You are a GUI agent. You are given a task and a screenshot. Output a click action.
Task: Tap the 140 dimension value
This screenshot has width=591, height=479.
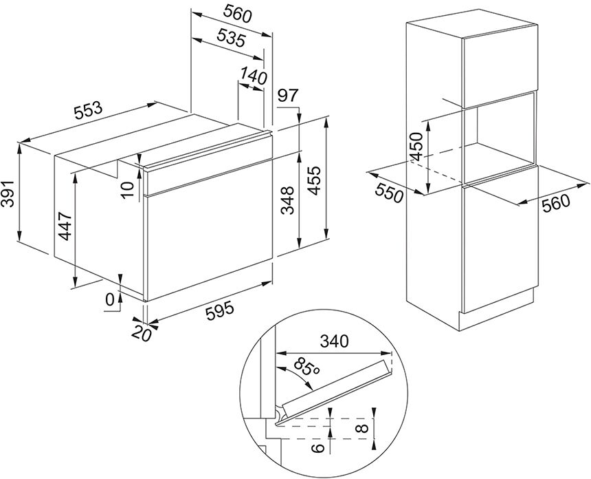(x=254, y=75)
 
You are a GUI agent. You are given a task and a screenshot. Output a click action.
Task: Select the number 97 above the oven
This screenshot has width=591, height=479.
(x=287, y=95)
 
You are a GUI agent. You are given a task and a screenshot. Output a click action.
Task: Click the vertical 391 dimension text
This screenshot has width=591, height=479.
(x=8, y=193)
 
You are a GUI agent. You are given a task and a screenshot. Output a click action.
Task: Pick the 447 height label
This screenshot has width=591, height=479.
(x=65, y=226)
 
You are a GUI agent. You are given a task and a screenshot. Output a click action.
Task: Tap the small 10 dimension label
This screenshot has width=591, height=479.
(x=127, y=189)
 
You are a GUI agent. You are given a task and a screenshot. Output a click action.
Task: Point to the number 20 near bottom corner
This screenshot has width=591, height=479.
(x=141, y=333)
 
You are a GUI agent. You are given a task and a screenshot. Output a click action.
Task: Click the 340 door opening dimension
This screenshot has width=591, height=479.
(x=334, y=341)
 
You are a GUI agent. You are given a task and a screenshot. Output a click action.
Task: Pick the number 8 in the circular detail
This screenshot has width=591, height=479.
(x=364, y=429)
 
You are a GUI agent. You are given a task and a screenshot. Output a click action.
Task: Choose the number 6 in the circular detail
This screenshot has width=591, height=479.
(x=319, y=447)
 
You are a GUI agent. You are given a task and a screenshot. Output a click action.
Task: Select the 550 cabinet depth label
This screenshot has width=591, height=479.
(x=390, y=194)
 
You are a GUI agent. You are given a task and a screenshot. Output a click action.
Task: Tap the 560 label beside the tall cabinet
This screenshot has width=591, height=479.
(x=557, y=204)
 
